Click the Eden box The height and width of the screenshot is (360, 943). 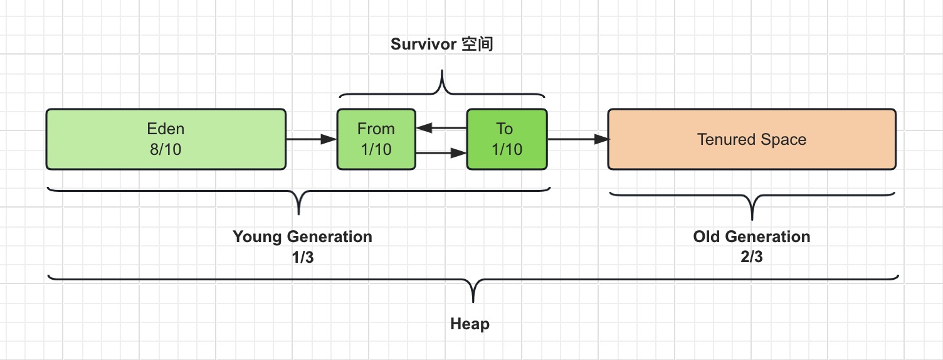point(166,139)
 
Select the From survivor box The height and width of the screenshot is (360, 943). point(376,139)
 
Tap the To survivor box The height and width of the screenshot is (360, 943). point(507,139)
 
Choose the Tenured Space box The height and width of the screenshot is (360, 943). point(752,139)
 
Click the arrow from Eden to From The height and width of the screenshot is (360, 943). point(312,139)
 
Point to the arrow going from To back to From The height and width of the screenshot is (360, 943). point(441,127)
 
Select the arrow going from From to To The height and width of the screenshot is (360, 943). point(441,153)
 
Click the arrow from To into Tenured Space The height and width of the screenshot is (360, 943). point(577,139)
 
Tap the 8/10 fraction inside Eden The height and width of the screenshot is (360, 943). point(166,149)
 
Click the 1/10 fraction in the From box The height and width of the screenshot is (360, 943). point(376,149)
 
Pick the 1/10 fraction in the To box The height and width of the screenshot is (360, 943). point(507,149)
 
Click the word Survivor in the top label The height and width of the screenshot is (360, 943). point(423,44)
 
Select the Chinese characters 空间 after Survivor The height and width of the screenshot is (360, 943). point(477,44)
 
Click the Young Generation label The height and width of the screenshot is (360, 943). point(302,237)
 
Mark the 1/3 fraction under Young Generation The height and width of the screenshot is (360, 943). point(303,257)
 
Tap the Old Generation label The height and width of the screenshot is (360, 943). point(752,236)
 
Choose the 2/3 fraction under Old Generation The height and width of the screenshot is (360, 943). point(752,257)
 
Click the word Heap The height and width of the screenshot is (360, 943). point(470,324)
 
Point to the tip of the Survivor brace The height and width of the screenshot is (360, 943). point(442,70)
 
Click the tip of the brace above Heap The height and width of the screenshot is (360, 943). point(473,302)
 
